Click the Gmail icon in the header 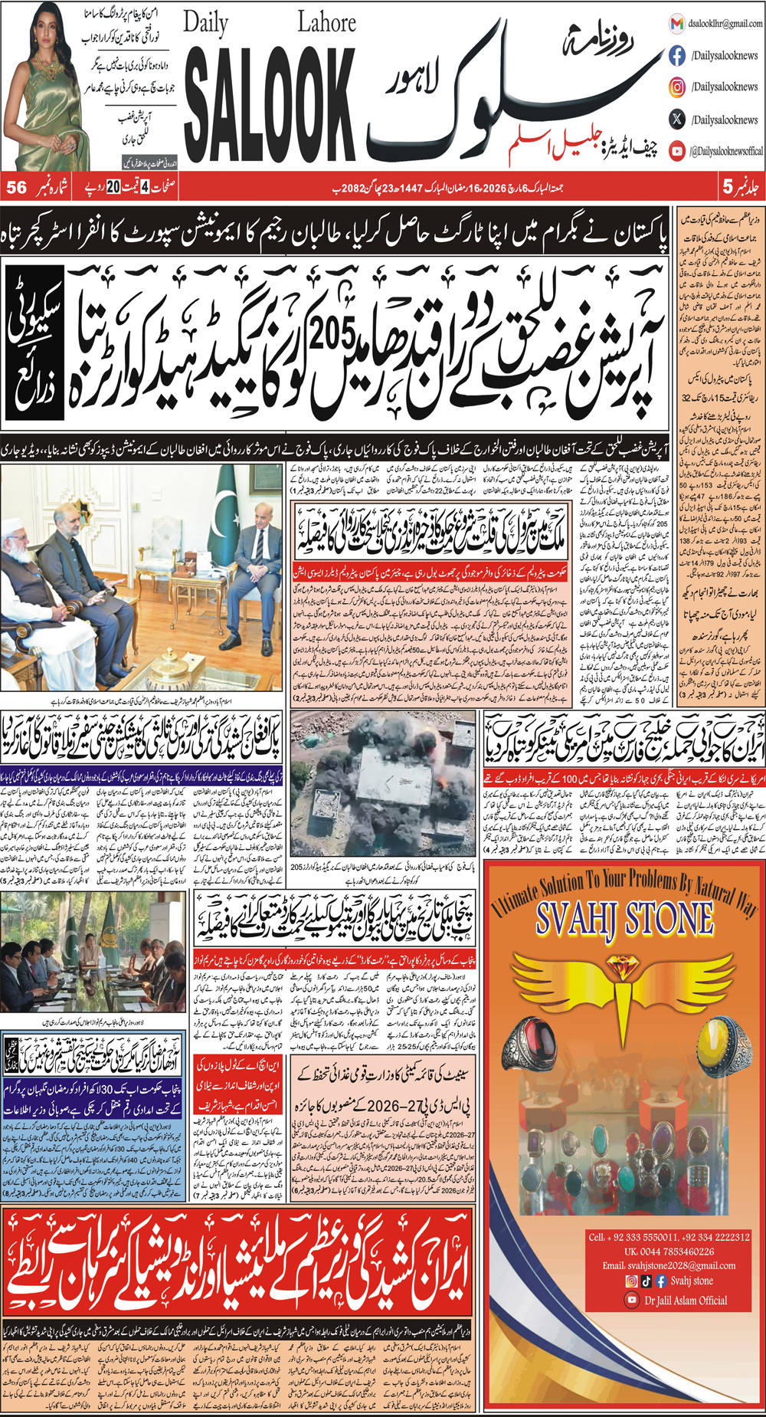676,24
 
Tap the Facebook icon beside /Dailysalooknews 677,55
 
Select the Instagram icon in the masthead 677,87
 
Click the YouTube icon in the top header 677,151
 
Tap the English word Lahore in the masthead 326,22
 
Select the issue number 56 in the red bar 17,187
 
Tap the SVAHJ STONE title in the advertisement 624,919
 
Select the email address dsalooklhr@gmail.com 725,24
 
